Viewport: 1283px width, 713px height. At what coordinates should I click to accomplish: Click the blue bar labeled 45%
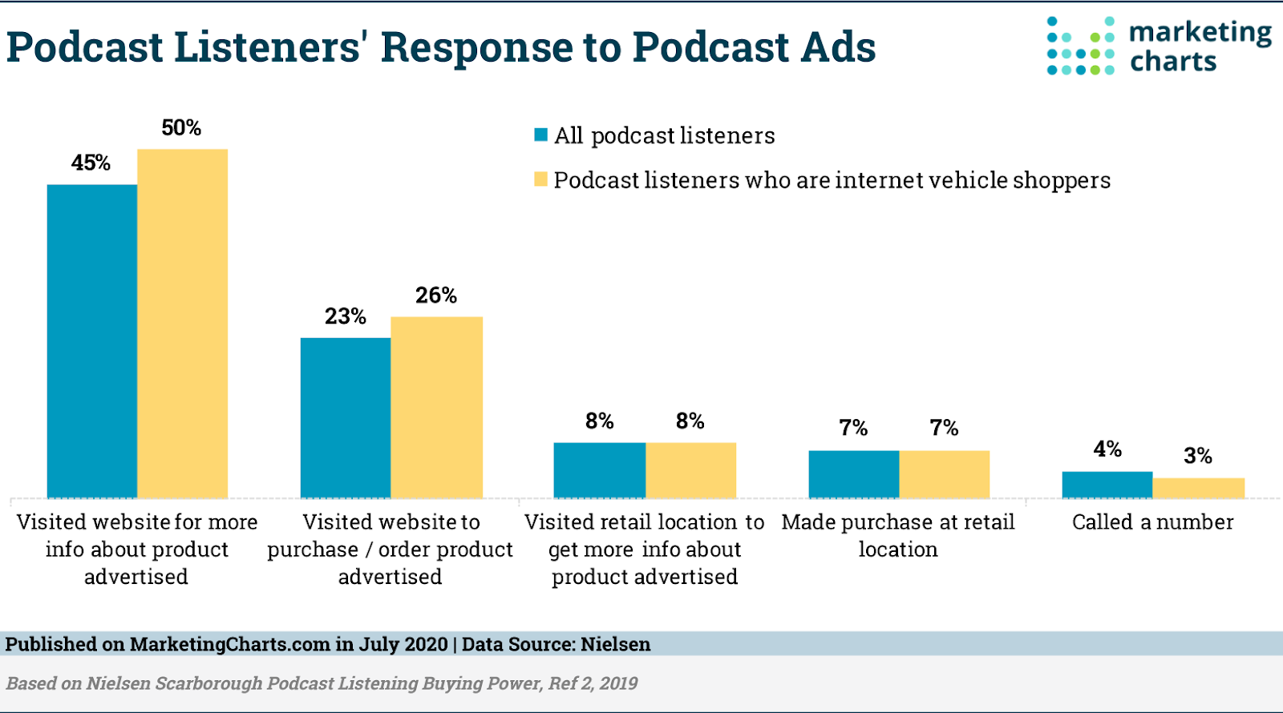pos(92,341)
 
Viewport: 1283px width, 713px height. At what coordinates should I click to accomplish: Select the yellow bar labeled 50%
pos(183,324)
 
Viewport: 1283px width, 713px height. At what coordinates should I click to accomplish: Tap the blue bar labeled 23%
pos(346,417)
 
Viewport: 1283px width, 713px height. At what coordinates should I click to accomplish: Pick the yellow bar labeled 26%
pos(437,407)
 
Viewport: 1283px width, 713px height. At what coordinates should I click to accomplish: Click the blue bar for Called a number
pos(1107,485)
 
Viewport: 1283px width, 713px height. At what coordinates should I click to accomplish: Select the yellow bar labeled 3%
pos(1199,488)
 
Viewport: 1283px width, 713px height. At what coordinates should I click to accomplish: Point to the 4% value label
pos(1107,449)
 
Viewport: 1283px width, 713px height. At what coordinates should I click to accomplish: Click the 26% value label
pos(436,296)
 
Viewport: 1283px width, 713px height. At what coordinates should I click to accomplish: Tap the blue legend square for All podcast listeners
pos(541,135)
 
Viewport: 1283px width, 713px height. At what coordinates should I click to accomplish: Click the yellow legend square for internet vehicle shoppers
pos(541,179)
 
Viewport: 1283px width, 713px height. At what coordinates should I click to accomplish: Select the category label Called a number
pos(1152,522)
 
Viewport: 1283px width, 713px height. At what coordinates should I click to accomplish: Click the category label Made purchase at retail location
pos(898,535)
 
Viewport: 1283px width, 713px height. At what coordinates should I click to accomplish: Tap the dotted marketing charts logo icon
pos(1080,46)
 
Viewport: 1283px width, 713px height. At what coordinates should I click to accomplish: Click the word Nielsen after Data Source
pos(615,644)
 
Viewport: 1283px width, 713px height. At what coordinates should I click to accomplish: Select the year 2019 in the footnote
pos(618,683)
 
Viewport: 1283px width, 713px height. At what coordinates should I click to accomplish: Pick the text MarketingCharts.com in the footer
pos(230,644)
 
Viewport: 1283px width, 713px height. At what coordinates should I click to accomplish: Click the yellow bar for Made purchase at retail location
pos(945,474)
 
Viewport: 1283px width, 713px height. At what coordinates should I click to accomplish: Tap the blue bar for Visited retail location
pos(600,470)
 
